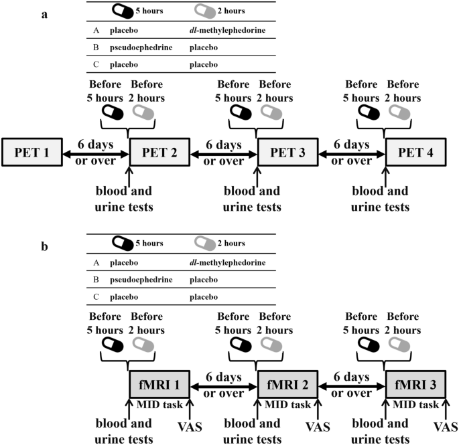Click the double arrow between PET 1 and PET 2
pyautogui.click(x=95, y=155)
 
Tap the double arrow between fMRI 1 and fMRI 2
pyautogui.click(x=223, y=386)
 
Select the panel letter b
pyautogui.click(x=44, y=246)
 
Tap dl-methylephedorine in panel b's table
pyautogui.click(x=227, y=262)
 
